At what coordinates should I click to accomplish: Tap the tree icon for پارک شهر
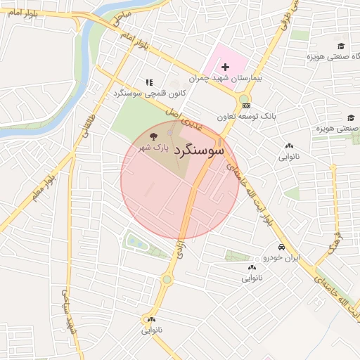(x=155, y=136)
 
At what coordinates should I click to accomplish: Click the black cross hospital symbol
(x=225, y=65)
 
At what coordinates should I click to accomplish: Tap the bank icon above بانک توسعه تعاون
(x=245, y=105)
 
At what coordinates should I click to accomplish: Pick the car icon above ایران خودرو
(x=281, y=247)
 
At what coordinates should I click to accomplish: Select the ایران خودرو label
(x=281, y=258)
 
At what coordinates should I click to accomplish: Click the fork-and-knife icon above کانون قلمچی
(x=148, y=82)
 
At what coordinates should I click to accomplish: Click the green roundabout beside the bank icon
(x=243, y=98)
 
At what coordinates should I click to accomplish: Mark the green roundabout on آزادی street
(x=167, y=280)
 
